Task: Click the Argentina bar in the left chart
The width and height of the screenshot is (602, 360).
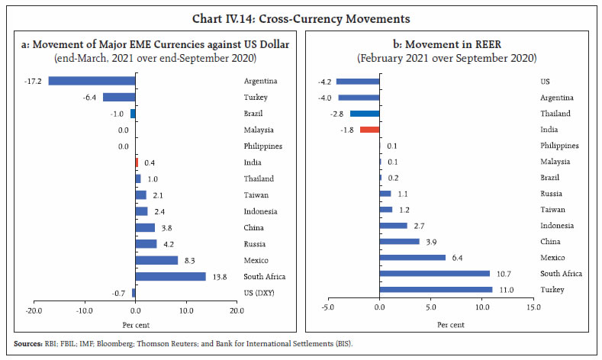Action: (x=92, y=81)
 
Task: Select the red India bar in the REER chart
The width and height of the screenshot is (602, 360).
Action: (x=369, y=129)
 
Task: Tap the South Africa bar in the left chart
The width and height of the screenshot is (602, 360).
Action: (x=170, y=276)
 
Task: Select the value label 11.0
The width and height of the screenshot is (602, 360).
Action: (x=504, y=290)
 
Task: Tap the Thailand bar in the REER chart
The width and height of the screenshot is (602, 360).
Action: (x=365, y=113)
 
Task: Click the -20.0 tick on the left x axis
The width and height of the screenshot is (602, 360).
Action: (x=34, y=311)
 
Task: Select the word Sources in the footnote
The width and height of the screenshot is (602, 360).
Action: (x=27, y=346)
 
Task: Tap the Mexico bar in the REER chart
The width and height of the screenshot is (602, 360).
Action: (x=412, y=257)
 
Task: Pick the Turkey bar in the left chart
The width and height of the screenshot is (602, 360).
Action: (x=119, y=97)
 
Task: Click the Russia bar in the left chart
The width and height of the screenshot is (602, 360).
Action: (x=146, y=244)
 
